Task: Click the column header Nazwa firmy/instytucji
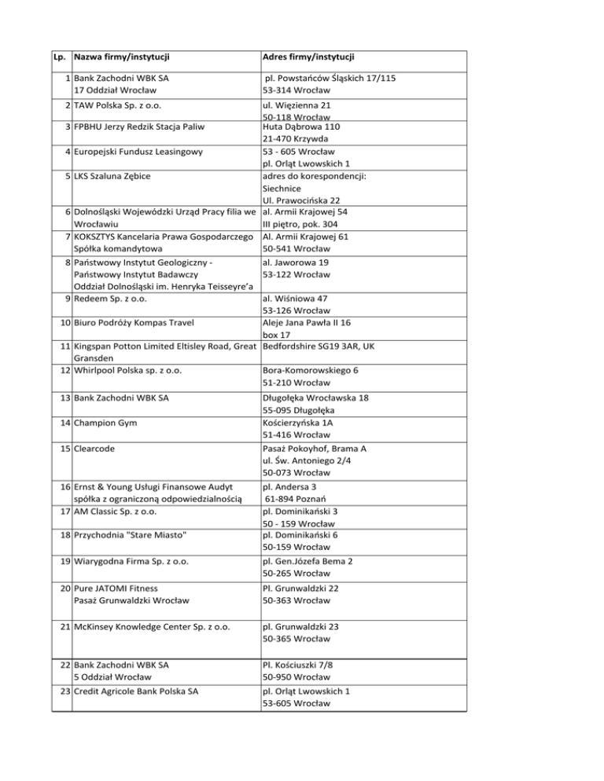pyautogui.click(x=122, y=57)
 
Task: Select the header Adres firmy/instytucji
pyautogui.click(x=308, y=57)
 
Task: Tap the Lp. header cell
pyautogui.click(x=59, y=57)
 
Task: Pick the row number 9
pyautogui.click(x=66, y=298)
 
